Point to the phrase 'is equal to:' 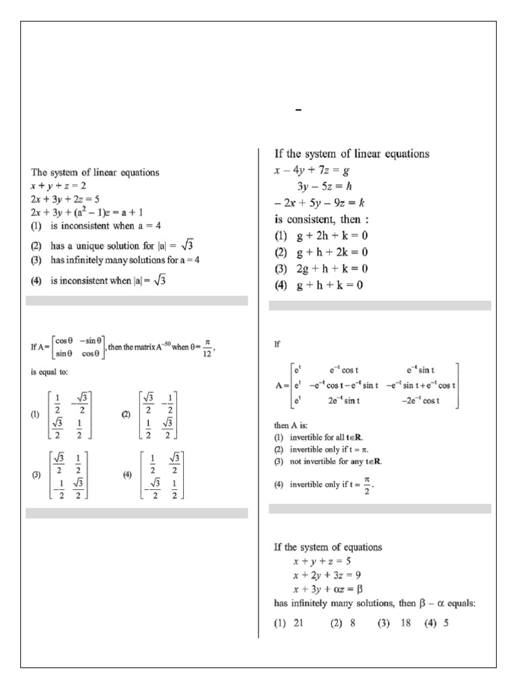click(50, 370)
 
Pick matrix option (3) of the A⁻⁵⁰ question click(65, 474)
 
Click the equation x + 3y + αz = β click(331, 589)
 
